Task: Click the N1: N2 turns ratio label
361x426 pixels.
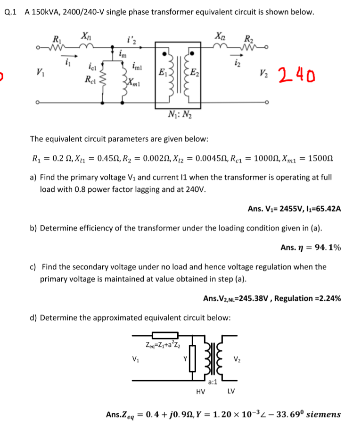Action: click(179, 114)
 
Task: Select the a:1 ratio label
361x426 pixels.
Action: click(213, 382)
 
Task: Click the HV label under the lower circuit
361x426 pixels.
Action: click(200, 392)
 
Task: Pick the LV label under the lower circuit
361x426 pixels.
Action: click(231, 392)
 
